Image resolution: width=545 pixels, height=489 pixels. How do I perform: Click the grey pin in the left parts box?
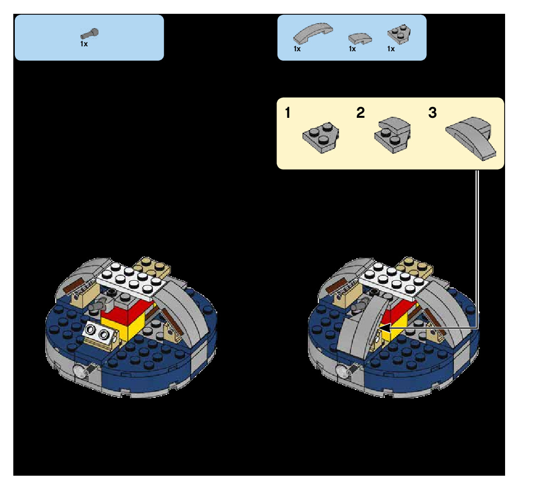89,34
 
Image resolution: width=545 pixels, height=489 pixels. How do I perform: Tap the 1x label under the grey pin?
84,44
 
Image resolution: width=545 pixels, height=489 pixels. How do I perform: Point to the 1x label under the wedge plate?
391,49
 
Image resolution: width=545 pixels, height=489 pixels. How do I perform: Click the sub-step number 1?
288,113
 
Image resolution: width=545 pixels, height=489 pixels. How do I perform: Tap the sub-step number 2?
361,113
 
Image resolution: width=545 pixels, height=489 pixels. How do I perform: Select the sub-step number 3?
432,113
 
